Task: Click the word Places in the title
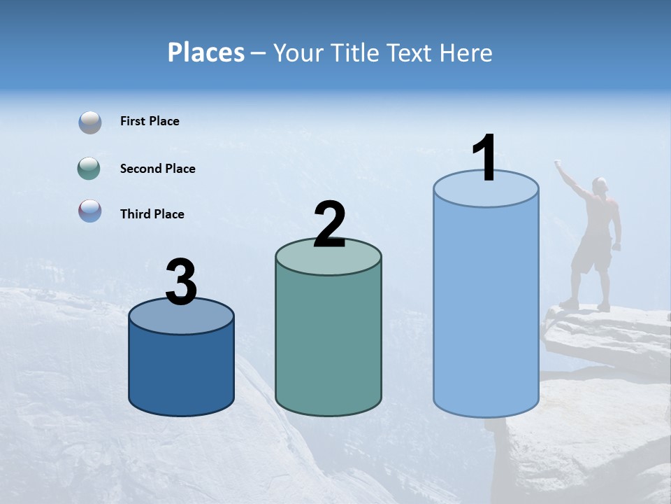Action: pos(206,52)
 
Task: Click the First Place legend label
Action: pos(150,121)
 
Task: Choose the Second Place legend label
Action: pos(157,169)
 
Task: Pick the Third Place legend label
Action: pos(152,214)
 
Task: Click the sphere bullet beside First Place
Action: pos(90,122)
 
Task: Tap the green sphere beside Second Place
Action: pos(89,169)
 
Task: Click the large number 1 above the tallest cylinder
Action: pos(484,158)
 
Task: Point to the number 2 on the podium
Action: pos(329,225)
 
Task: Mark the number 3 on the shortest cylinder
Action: pos(181,282)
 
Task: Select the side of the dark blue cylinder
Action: pos(182,371)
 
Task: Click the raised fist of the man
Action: pos(558,164)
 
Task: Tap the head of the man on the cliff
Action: pos(600,184)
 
